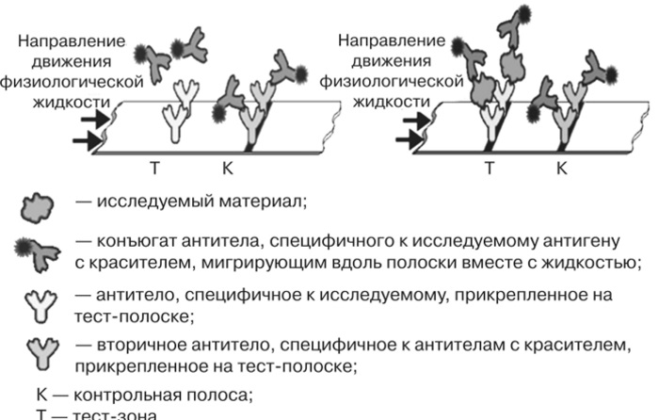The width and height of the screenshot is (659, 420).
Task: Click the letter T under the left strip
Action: pyautogui.click(x=155, y=170)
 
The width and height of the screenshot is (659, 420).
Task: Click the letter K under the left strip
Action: pyautogui.click(x=227, y=170)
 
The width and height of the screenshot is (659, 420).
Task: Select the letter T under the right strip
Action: pyautogui.click(x=489, y=170)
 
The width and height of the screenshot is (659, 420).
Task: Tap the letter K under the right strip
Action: pyautogui.click(x=561, y=170)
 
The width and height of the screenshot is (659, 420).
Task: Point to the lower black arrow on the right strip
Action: pyautogui.click(x=409, y=141)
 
